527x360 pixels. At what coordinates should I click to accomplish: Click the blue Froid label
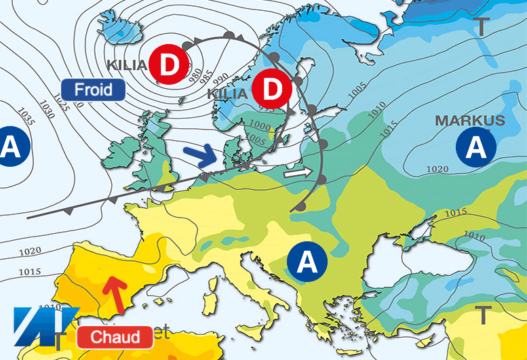93,89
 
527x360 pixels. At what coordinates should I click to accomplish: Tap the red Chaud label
113,336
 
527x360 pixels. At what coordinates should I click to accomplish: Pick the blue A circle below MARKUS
477,146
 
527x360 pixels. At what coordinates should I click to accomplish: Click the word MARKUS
470,121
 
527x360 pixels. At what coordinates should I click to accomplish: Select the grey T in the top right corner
481,27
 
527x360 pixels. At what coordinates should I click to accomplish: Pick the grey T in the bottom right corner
483,315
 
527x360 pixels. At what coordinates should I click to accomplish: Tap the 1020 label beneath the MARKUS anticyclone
437,169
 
